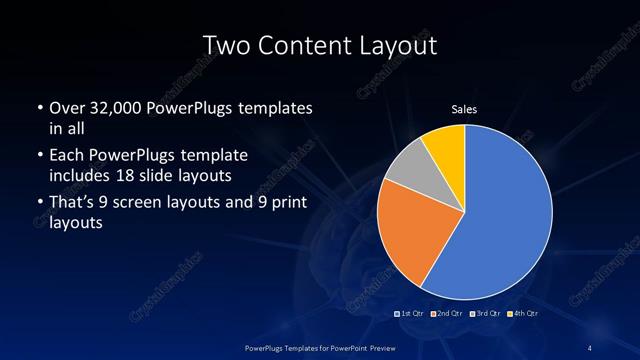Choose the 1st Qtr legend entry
click(412, 313)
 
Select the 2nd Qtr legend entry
click(447, 313)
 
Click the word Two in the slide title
click(225, 45)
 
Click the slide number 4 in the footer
click(591, 346)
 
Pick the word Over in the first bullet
click(65, 107)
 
